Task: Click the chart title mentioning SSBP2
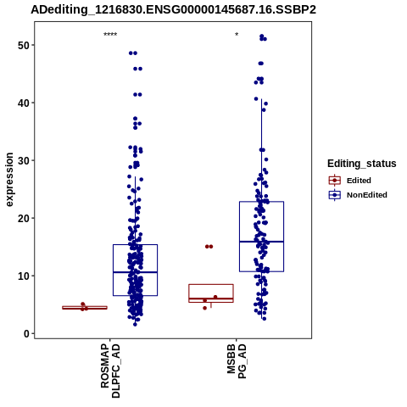173,10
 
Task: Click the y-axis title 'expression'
9,180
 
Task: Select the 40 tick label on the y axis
24,103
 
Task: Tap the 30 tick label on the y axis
24,160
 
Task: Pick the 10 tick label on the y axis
24,276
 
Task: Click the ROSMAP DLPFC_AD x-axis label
110,371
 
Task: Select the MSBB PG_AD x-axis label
237,361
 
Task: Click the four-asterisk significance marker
110,35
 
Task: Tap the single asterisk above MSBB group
237,35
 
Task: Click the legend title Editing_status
362,164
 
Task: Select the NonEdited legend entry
358,195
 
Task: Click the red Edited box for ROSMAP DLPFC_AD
85,308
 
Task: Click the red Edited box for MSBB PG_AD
211,285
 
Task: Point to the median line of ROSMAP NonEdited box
135,272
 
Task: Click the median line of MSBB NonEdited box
261,242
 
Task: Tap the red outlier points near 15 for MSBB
209,247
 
